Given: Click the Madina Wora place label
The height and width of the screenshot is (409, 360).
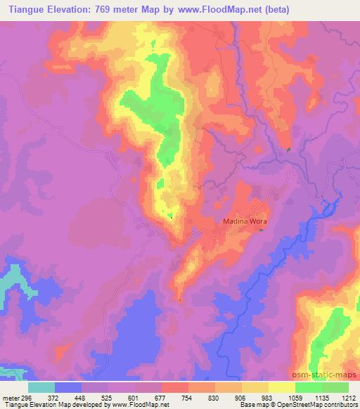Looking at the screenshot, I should (x=243, y=221).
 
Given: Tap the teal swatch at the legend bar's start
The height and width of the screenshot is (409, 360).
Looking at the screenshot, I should (x=41, y=387).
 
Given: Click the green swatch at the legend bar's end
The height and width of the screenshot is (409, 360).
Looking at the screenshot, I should (x=335, y=387).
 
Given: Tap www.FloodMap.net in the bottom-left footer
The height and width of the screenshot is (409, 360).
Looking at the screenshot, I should (x=141, y=405).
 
